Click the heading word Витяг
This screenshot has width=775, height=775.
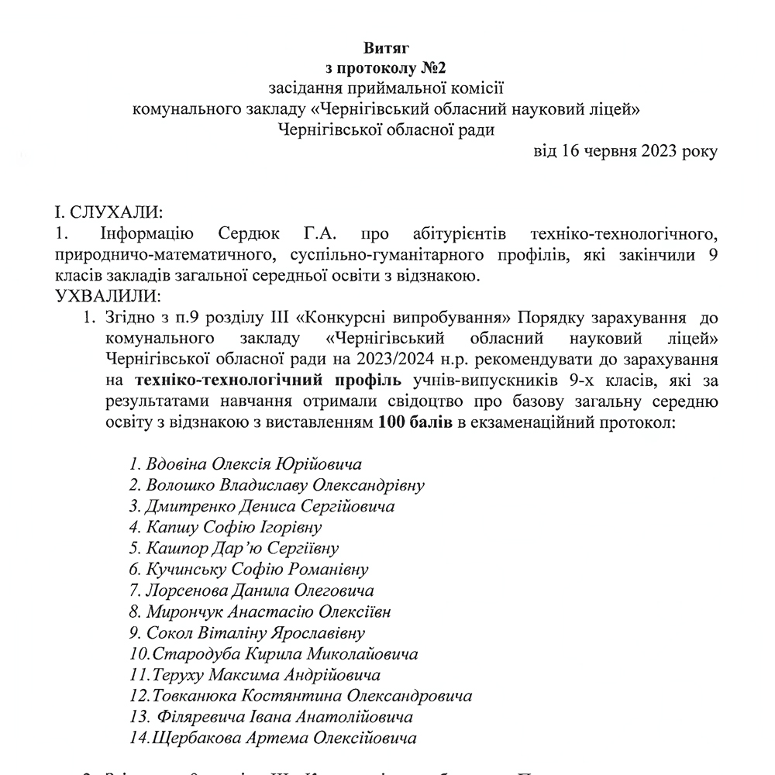tap(387, 49)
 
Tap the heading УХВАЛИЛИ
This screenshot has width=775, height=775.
tap(105, 296)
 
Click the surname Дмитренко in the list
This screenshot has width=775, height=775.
tap(194, 507)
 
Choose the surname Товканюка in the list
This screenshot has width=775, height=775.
tap(197, 696)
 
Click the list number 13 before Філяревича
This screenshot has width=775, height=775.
tap(139, 717)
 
